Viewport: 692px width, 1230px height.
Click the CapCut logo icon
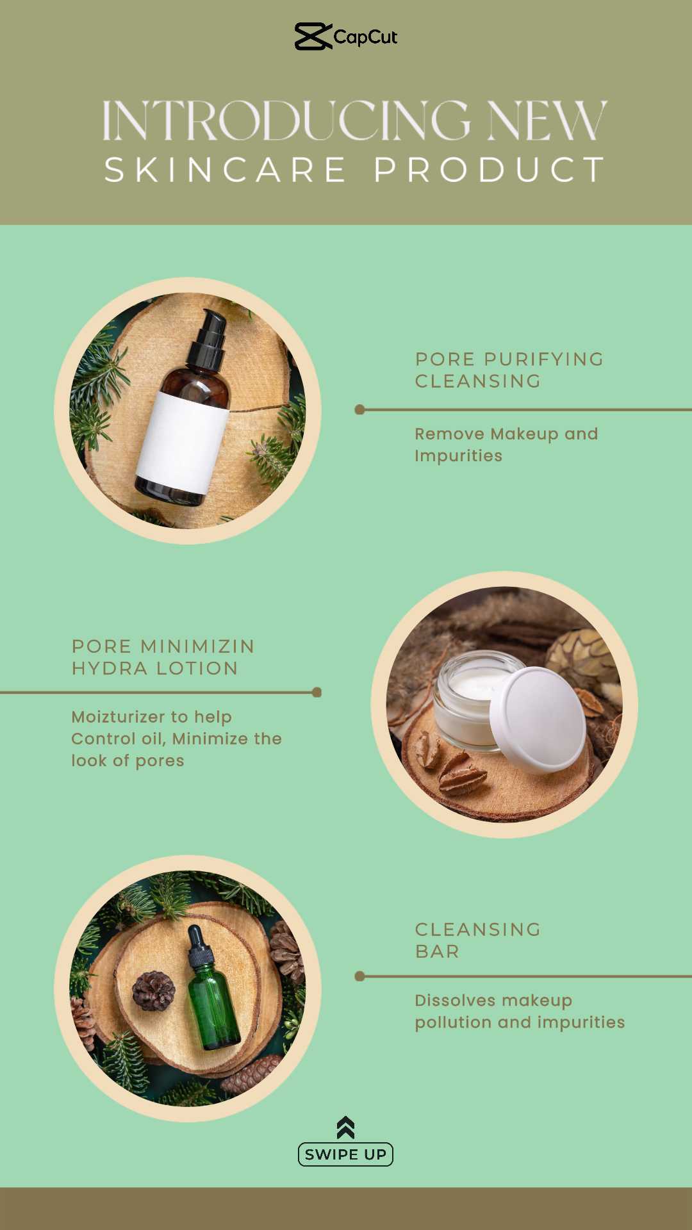click(x=313, y=37)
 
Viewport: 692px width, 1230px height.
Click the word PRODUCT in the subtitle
click(x=490, y=170)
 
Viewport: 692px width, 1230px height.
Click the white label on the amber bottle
click(x=182, y=442)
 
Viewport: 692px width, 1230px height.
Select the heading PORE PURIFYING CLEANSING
click(x=509, y=370)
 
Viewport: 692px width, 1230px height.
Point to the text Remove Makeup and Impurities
click(x=506, y=445)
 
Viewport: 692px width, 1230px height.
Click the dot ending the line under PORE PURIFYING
click(x=359, y=409)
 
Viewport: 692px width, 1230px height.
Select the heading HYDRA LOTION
click(x=154, y=668)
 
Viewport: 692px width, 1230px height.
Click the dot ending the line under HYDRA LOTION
click(x=317, y=693)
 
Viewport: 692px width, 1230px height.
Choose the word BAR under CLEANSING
click(x=437, y=951)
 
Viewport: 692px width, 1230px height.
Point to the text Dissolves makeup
click(x=493, y=1001)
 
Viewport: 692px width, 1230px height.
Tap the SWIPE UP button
click(x=345, y=1154)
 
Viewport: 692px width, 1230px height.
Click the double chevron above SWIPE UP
click(x=345, y=1127)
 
